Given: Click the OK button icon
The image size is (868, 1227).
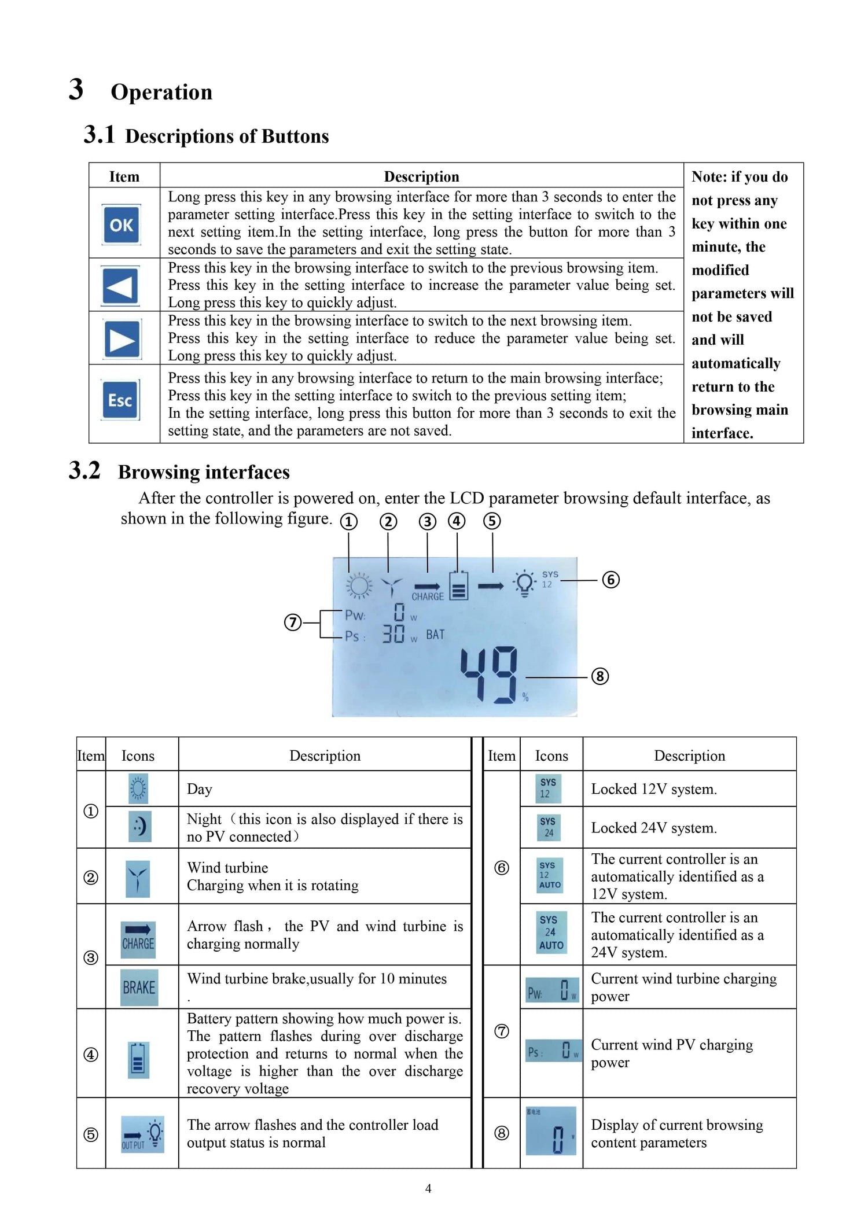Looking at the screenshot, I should [x=122, y=224].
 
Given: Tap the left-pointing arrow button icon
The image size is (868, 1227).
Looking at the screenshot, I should [x=120, y=286].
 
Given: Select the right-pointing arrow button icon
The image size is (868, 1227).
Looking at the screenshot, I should [x=122, y=340].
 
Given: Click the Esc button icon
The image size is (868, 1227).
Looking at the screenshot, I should [x=120, y=400].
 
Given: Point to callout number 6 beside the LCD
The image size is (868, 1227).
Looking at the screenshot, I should [x=610, y=580].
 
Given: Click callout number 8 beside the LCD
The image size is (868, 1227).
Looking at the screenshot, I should [x=599, y=676].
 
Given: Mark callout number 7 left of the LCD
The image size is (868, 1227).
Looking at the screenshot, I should [x=293, y=622].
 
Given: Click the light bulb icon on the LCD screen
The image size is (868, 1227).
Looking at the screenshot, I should [x=524, y=583].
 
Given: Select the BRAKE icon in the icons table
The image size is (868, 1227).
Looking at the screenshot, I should [x=139, y=988].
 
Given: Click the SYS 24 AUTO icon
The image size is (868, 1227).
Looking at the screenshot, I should [x=551, y=932].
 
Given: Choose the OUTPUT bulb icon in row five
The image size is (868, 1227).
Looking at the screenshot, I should [x=142, y=1134].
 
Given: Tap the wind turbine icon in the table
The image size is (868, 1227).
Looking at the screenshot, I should [x=138, y=878].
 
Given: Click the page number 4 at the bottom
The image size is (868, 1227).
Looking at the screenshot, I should [x=428, y=1188].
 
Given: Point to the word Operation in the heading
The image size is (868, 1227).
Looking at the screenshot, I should [x=161, y=92].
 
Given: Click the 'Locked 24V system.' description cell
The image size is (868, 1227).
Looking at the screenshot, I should [x=654, y=828].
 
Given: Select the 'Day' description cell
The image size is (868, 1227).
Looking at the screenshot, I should [x=200, y=789].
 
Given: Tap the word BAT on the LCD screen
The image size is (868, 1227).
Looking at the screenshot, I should [x=435, y=635].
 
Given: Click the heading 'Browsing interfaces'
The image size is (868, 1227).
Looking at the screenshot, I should [x=204, y=472].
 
